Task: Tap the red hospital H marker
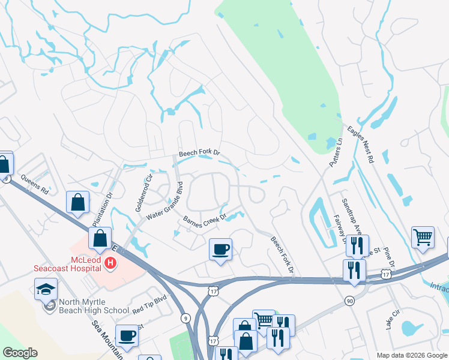(x=110, y=262)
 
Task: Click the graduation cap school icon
(x=46, y=289)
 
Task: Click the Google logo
(x=20, y=353)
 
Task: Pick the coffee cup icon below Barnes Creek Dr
(x=220, y=248)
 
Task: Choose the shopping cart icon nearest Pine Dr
(x=423, y=236)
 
